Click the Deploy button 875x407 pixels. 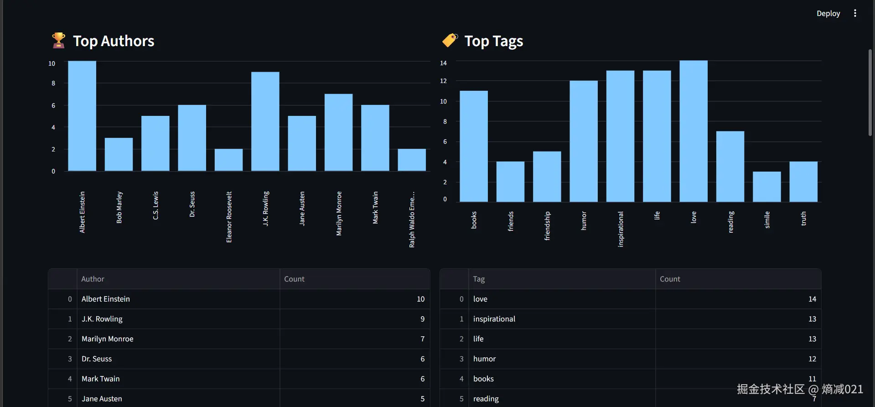(828, 14)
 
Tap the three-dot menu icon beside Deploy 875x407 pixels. (855, 14)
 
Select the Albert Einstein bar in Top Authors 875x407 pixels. (82, 116)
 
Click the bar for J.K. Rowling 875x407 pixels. (265, 122)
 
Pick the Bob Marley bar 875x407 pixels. (119, 155)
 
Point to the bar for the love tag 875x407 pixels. (694, 131)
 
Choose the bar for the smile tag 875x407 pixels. (767, 187)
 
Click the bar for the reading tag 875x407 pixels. (730, 167)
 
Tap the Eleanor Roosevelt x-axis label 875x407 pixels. (229, 217)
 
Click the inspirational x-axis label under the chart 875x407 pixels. (621, 229)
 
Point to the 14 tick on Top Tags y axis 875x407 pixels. (443, 63)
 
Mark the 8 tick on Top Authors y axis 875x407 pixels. (53, 83)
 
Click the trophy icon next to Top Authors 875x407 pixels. (58, 41)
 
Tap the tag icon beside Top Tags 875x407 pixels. (450, 41)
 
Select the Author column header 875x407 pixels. (93, 279)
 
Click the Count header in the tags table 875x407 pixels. (670, 279)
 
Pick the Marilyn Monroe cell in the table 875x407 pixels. (108, 339)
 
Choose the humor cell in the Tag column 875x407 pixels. (484, 359)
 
